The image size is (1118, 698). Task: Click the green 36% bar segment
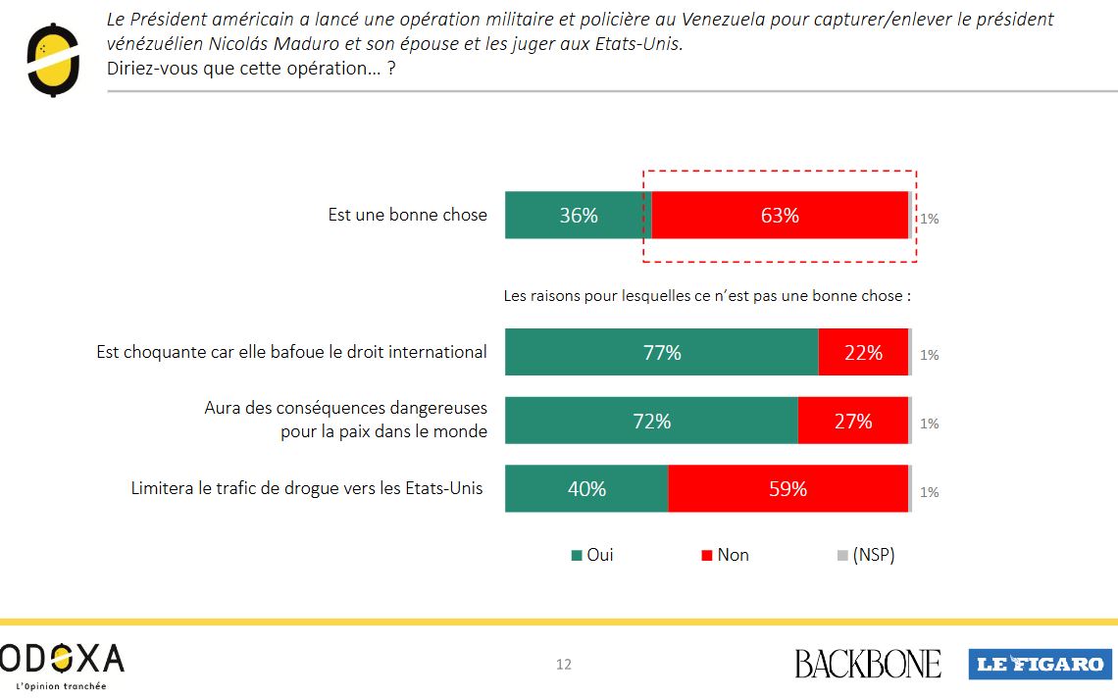pyautogui.click(x=578, y=216)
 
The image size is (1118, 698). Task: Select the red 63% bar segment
pyautogui.click(x=780, y=216)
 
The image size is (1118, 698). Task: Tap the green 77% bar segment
pyautogui.click(x=662, y=353)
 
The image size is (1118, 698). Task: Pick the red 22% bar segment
pyautogui.click(x=863, y=353)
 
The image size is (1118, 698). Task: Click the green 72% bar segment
pyautogui.click(x=651, y=422)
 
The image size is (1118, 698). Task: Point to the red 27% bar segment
pyautogui.click(x=852, y=422)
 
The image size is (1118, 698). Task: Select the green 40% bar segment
pyautogui.click(x=586, y=488)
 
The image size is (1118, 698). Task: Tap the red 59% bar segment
pyautogui.click(x=788, y=488)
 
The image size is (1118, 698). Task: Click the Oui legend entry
pyautogui.click(x=592, y=555)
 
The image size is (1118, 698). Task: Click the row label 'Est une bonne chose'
pyautogui.click(x=407, y=215)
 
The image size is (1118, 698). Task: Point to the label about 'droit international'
pyautogui.click(x=291, y=351)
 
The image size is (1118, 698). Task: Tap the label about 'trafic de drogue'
pyautogui.click(x=307, y=487)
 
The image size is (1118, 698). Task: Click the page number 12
pyautogui.click(x=564, y=665)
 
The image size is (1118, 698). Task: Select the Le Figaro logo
pyautogui.click(x=1038, y=664)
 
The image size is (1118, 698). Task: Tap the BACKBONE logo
pyautogui.click(x=867, y=664)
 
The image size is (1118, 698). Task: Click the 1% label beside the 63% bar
pyautogui.click(x=929, y=219)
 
